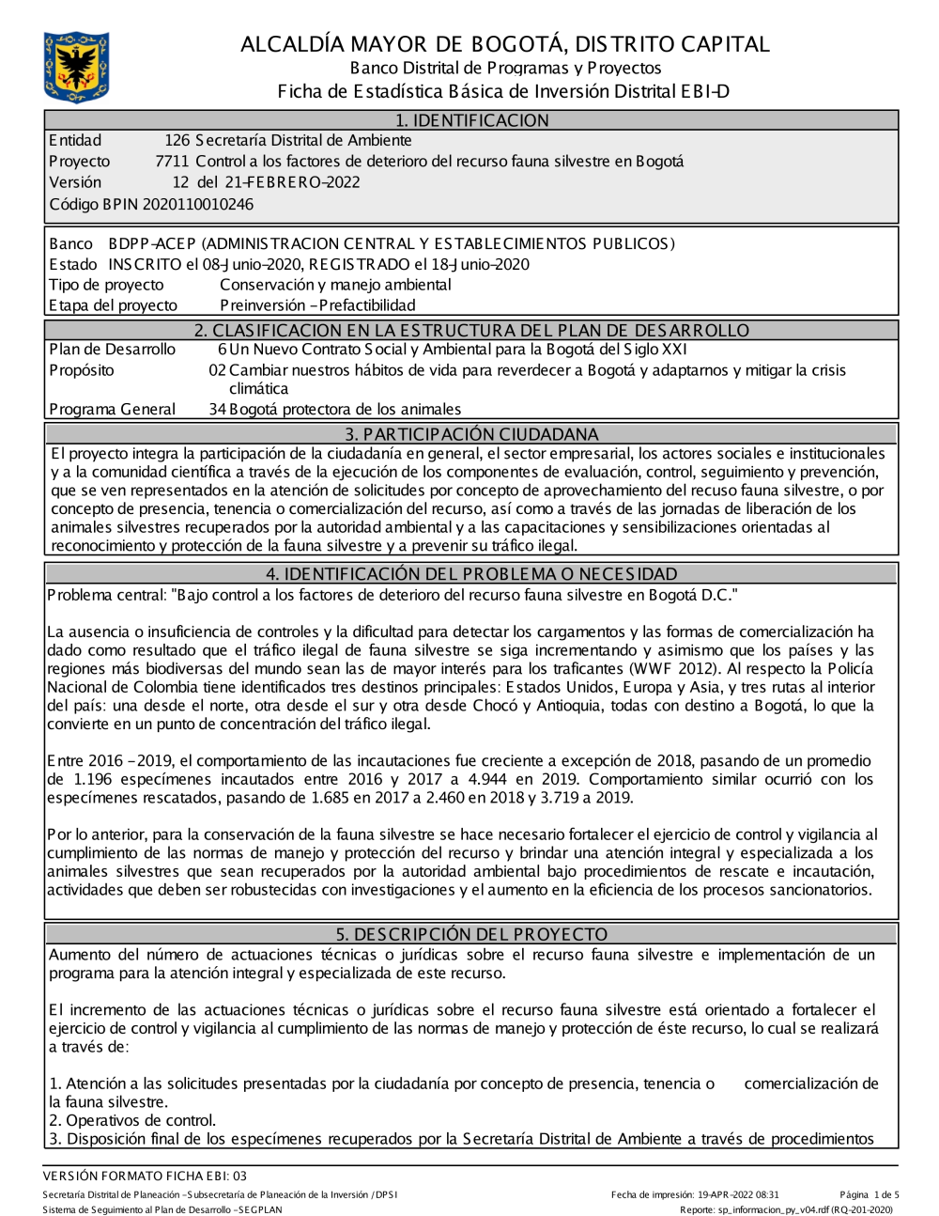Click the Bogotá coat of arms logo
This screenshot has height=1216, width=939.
click(x=76, y=67)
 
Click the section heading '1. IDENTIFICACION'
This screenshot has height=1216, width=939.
click(x=471, y=120)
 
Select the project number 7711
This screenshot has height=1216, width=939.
click(x=172, y=162)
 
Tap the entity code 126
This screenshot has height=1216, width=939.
click(x=177, y=141)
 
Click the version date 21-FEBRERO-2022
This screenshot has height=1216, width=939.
click(x=288, y=182)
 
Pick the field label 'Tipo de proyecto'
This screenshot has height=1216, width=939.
click(x=106, y=285)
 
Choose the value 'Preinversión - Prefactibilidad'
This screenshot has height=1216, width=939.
click(x=317, y=305)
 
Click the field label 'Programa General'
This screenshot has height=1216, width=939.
click(x=112, y=409)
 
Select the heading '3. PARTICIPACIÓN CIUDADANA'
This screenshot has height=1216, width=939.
click(x=471, y=434)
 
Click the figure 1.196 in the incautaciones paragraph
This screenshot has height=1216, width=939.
click(x=99, y=779)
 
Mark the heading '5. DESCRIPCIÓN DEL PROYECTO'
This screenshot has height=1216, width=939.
click(x=471, y=934)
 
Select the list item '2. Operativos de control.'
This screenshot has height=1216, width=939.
click(x=132, y=1120)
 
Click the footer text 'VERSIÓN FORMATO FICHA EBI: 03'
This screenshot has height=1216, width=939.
click(x=145, y=1176)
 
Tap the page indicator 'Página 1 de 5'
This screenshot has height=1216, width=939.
click(x=870, y=1194)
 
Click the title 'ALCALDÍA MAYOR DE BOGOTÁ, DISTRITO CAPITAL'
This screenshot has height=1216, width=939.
click(x=505, y=44)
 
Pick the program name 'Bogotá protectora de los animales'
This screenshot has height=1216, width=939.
click(x=345, y=409)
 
